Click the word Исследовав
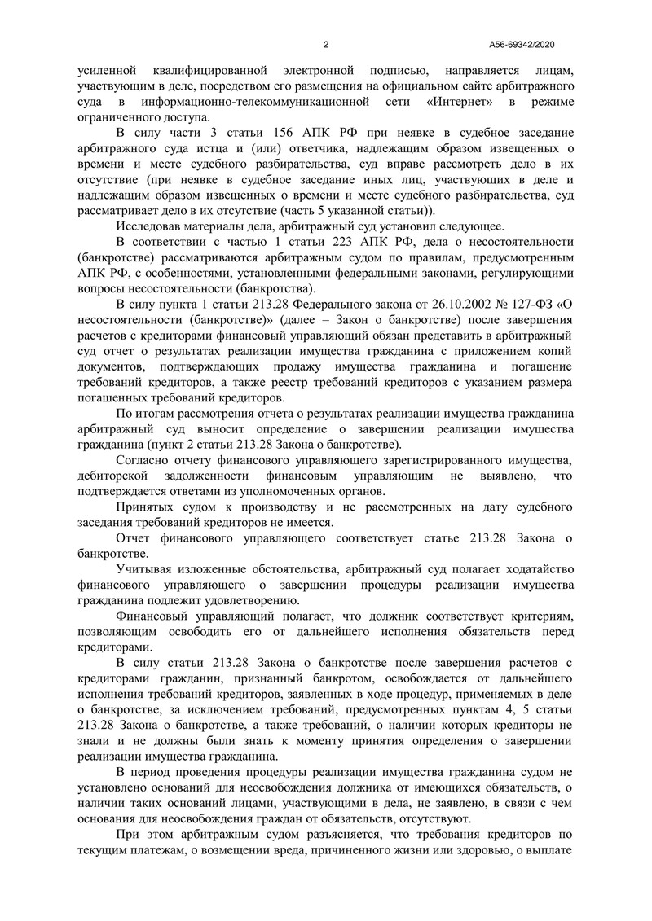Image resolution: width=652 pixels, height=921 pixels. click(x=152, y=226)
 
